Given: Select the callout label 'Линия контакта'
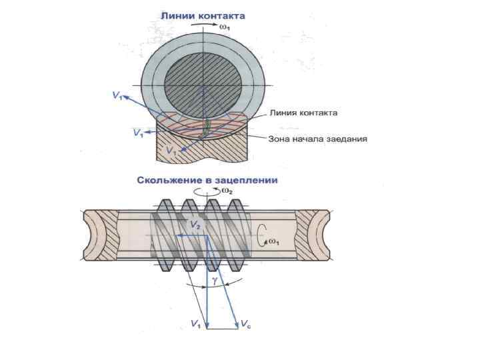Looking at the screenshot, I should point(303,113).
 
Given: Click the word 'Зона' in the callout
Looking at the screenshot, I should point(280,139).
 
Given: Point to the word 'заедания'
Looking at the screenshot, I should point(346,139).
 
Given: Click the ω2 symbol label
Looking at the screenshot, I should point(227,192).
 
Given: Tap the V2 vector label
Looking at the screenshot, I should point(195,226).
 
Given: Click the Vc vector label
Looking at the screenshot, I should point(246,323).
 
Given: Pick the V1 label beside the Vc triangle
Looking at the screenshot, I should point(195,323).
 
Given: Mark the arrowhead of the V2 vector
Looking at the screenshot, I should point(179,235).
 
